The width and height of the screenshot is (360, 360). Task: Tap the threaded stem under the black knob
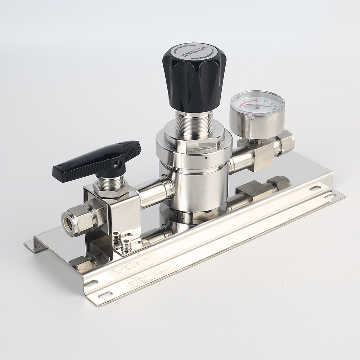pos(194,122)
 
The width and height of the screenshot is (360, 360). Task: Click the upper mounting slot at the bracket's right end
pos(315,188)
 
